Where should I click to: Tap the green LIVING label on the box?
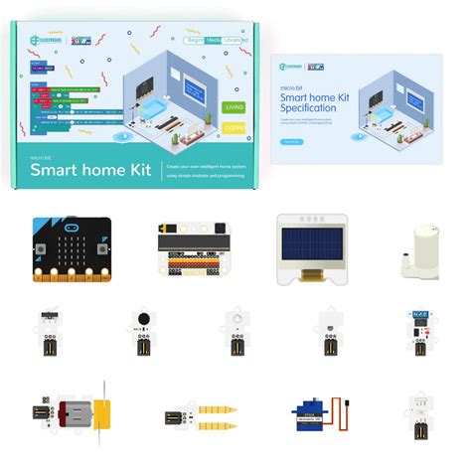pyautogui.click(x=233, y=105)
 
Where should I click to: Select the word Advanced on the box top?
pyautogui.click(x=235, y=39)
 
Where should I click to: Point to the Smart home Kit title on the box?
pyautogui.click(x=90, y=169)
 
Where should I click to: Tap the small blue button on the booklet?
pyautogui.click(x=290, y=141)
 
